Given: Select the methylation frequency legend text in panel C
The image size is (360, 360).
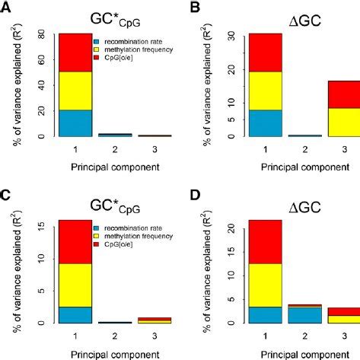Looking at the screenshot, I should coord(134,235).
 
